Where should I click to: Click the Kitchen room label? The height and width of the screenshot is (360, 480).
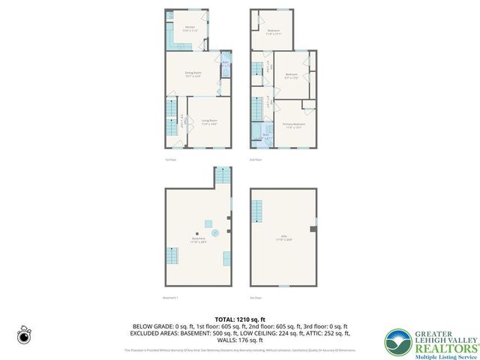tap(190, 29)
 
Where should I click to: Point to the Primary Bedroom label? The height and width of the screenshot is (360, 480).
tap(293, 125)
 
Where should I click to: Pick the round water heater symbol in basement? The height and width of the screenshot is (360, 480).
tap(215, 233)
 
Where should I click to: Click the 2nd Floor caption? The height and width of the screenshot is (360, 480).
tap(255, 160)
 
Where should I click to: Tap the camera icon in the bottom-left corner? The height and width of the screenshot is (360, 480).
tap(23, 335)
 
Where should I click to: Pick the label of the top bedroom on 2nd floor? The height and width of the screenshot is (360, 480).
tap(274, 31)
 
